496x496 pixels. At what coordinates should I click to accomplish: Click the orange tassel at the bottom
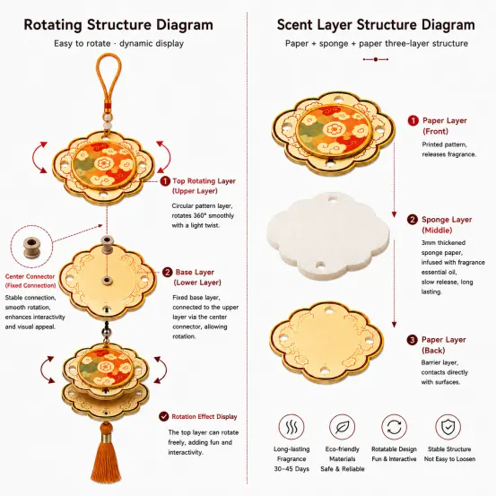click(106, 456)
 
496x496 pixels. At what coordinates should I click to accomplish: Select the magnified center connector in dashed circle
click(31, 247)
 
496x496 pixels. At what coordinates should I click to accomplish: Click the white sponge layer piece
click(328, 237)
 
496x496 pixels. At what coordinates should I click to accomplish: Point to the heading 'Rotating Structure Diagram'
click(118, 25)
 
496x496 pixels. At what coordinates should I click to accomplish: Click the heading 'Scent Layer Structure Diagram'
click(376, 25)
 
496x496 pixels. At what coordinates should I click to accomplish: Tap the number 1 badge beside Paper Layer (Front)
click(413, 120)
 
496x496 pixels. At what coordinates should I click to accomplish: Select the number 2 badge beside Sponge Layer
click(413, 220)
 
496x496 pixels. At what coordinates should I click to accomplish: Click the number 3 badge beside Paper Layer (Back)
click(413, 340)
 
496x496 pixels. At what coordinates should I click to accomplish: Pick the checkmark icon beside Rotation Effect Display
click(164, 416)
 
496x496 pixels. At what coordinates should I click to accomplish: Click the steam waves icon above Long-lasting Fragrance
click(292, 427)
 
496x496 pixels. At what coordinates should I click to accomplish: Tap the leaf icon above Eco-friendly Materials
click(342, 427)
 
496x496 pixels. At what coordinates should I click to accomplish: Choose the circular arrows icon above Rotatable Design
click(394, 427)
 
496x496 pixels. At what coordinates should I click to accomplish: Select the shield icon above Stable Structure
click(448, 427)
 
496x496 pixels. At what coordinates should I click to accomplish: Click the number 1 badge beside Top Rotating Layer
click(165, 181)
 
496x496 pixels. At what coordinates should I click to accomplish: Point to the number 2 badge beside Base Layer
click(168, 273)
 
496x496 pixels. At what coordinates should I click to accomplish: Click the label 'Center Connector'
click(30, 276)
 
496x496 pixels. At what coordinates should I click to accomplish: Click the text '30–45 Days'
click(292, 469)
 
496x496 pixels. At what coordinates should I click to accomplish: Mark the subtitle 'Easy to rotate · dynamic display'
click(118, 43)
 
